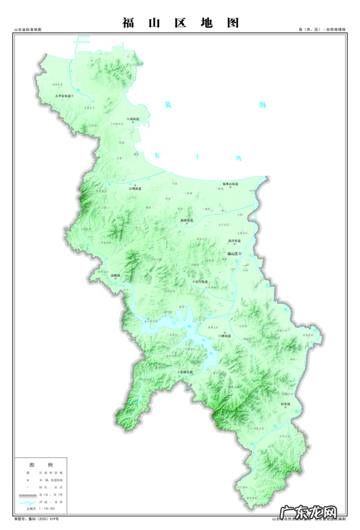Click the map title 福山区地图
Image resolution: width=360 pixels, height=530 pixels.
(180, 23)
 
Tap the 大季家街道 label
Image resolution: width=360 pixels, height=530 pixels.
(62, 95)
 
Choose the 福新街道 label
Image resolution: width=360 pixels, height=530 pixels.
(187, 221)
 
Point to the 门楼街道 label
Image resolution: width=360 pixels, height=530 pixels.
(225, 337)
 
